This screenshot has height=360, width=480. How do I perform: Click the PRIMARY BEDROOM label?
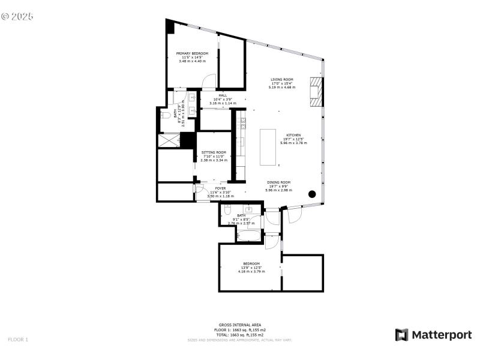point(192,53)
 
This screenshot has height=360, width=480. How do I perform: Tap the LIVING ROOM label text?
point(281,79)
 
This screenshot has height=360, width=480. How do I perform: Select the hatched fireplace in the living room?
point(316,92)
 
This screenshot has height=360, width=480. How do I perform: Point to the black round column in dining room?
point(312,194)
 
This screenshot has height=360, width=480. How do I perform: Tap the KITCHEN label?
point(293,135)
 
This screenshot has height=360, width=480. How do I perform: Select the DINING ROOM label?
point(278,182)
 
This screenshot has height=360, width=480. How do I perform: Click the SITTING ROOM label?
point(214,152)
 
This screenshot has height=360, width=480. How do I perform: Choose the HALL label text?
point(223,95)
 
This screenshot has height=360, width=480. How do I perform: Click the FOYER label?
point(221,188)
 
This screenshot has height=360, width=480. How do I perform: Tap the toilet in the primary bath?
point(165,115)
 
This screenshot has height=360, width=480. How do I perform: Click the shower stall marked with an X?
point(168,140)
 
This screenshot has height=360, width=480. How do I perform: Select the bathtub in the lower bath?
point(248,236)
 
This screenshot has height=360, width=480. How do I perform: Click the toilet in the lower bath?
point(227,210)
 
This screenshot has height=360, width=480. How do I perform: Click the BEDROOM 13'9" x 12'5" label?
point(251,264)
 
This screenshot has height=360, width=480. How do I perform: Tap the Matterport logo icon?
point(401,335)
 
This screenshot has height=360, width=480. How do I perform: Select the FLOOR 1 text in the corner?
point(18,340)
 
